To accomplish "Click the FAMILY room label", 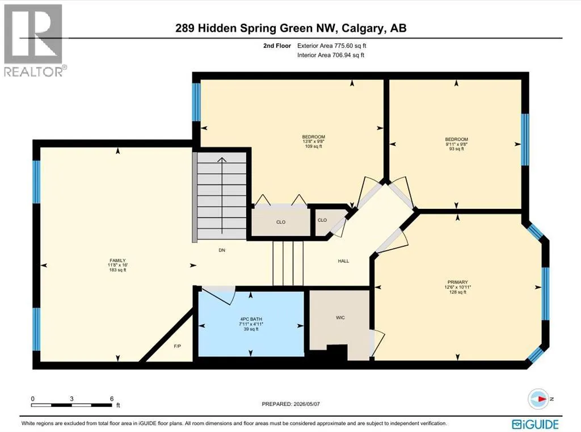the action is click(117, 261).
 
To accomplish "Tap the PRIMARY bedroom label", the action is click(458, 282).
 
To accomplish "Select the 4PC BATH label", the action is click(251, 319).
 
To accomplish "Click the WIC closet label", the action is click(340, 317).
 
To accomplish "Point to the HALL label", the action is click(343, 261).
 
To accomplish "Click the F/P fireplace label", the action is click(178, 346).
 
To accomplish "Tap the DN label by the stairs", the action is click(222, 250).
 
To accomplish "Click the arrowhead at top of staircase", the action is click(222, 160).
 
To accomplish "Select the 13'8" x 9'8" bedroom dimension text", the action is click(313, 142).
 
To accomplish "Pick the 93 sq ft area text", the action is click(457, 149).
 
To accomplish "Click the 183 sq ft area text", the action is click(117, 270).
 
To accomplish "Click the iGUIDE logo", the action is click(536, 424).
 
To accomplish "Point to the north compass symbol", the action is click(538, 399).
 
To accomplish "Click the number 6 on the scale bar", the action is click(112, 399).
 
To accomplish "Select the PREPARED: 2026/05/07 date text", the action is click(290, 404).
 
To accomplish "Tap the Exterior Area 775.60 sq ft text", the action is click(331, 45).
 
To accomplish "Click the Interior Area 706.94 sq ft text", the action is click(331, 55).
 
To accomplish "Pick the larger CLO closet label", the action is click(281, 222).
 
